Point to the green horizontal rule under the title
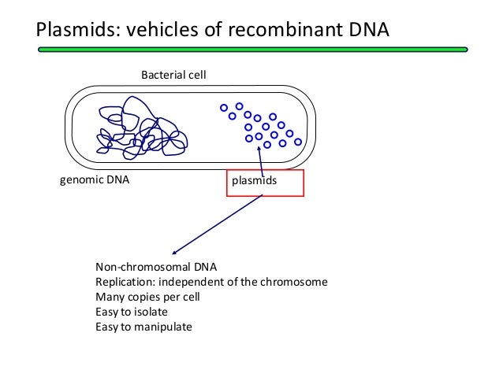point(251,50)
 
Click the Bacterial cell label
point(173,75)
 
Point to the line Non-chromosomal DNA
point(156,267)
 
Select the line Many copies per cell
point(147,297)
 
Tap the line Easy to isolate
point(132,312)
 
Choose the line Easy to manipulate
point(143,327)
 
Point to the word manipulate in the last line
point(164,327)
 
